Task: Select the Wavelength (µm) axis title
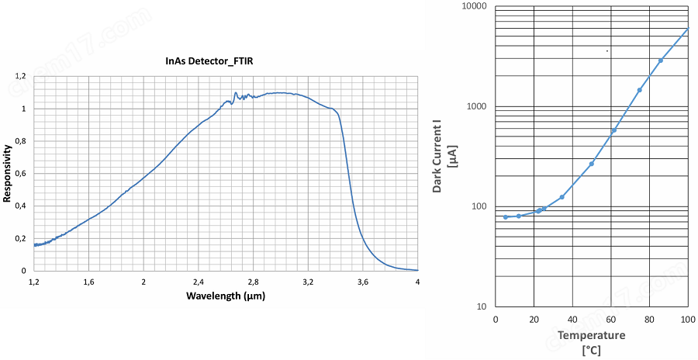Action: point(226,296)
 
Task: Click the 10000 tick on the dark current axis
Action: point(474,7)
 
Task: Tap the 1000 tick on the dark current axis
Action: point(476,107)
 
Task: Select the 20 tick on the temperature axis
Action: point(534,320)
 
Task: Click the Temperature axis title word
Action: point(592,335)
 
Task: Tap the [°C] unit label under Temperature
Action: point(592,349)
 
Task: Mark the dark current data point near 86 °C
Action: point(661,61)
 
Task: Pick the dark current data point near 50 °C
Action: point(592,164)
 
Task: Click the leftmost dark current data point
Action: point(506,217)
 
